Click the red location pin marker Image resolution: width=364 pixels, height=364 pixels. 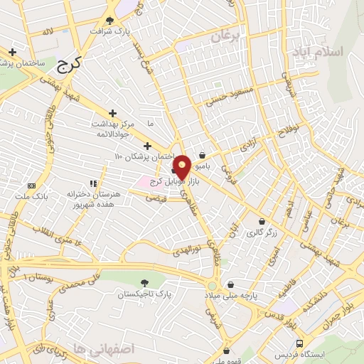tap(182, 166)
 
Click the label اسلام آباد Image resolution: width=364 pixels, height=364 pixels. tap(316, 53)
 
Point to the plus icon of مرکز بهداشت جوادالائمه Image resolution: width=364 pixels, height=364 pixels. tap(112, 113)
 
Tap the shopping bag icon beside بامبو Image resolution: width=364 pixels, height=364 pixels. tap(202, 154)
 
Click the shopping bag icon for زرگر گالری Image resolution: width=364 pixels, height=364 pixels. tap(262, 222)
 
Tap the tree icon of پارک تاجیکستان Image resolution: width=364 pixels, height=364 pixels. tap(146, 283)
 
